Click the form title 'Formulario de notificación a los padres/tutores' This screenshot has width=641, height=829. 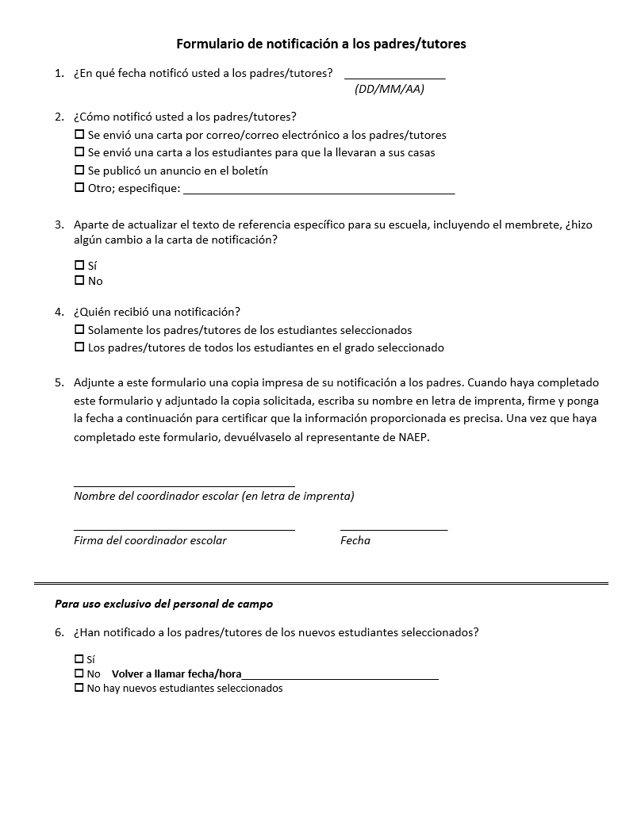point(320,44)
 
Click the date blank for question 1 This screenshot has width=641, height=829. point(394,76)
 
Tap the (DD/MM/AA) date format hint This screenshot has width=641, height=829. point(390,89)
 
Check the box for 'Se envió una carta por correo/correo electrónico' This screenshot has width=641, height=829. point(79,135)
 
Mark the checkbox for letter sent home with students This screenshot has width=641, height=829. point(79,152)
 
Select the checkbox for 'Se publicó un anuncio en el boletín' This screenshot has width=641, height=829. point(79,171)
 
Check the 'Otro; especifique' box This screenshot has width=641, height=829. point(79,188)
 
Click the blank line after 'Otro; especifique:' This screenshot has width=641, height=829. point(319,191)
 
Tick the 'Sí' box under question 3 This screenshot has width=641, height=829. point(79,265)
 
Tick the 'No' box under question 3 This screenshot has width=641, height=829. point(79,280)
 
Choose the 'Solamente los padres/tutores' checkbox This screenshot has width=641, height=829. point(79,329)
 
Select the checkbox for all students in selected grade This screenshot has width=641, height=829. point(79,347)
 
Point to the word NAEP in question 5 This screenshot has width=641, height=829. point(413,437)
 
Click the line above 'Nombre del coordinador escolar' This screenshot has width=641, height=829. point(184,484)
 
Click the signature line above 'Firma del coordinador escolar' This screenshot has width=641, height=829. point(184,528)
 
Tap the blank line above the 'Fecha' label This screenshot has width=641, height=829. point(393,528)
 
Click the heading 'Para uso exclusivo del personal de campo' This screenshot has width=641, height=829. point(163,604)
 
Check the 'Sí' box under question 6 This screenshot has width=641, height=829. point(79,658)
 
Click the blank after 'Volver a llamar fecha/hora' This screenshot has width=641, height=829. point(340,677)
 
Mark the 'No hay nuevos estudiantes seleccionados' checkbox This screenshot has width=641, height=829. point(79,688)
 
